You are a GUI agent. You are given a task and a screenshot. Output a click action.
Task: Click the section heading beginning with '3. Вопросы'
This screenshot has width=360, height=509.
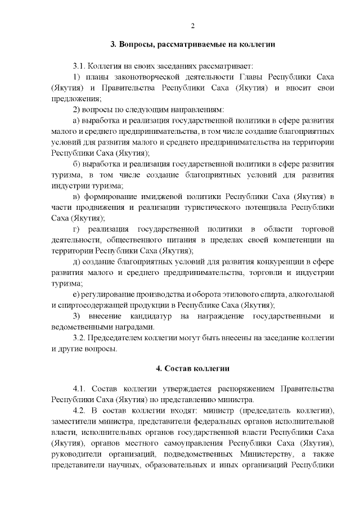(x=192, y=45)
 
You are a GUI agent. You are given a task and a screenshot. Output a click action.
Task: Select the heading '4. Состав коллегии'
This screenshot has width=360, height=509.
(x=192, y=368)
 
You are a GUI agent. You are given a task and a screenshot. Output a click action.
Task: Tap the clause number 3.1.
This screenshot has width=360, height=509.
(x=81, y=66)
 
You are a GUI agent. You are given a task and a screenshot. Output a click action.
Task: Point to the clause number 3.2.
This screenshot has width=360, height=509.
(x=81, y=338)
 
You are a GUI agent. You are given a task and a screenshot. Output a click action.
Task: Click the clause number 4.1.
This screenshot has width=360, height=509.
(x=81, y=389)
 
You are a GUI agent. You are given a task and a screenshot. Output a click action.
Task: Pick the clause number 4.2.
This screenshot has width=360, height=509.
(x=81, y=410)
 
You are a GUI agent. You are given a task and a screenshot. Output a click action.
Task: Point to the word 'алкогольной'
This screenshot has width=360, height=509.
(x=312, y=295)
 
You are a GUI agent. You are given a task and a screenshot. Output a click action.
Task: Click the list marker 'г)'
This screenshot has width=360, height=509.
(x=77, y=229)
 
